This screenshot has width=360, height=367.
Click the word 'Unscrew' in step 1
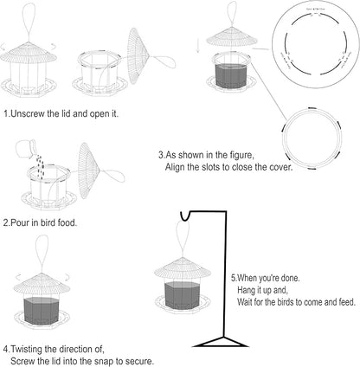[x=32, y=113]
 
